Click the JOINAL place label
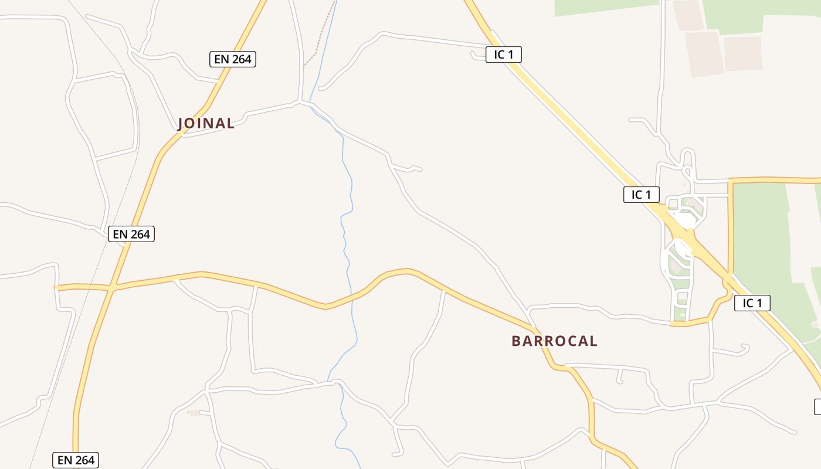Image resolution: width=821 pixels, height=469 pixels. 206,123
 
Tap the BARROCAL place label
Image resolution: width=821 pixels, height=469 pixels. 554,341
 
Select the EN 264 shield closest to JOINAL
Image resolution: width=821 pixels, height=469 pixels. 233,59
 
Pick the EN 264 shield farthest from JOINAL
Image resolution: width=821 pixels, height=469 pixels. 76,460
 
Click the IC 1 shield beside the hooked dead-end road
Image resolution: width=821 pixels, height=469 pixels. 503,55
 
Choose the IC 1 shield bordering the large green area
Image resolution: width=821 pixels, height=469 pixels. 752,303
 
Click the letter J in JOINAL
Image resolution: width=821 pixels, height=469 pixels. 181,123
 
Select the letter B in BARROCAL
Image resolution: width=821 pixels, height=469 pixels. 516,341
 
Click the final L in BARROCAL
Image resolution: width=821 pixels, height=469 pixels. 593,341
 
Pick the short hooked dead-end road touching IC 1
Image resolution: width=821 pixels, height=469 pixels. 475,56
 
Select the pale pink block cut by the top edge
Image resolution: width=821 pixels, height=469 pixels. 687,15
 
